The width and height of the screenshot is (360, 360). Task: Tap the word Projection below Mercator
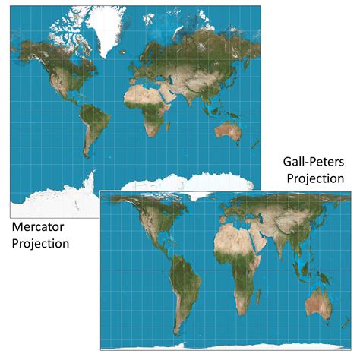click(41, 244)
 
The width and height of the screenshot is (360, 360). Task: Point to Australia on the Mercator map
click(228, 131)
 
